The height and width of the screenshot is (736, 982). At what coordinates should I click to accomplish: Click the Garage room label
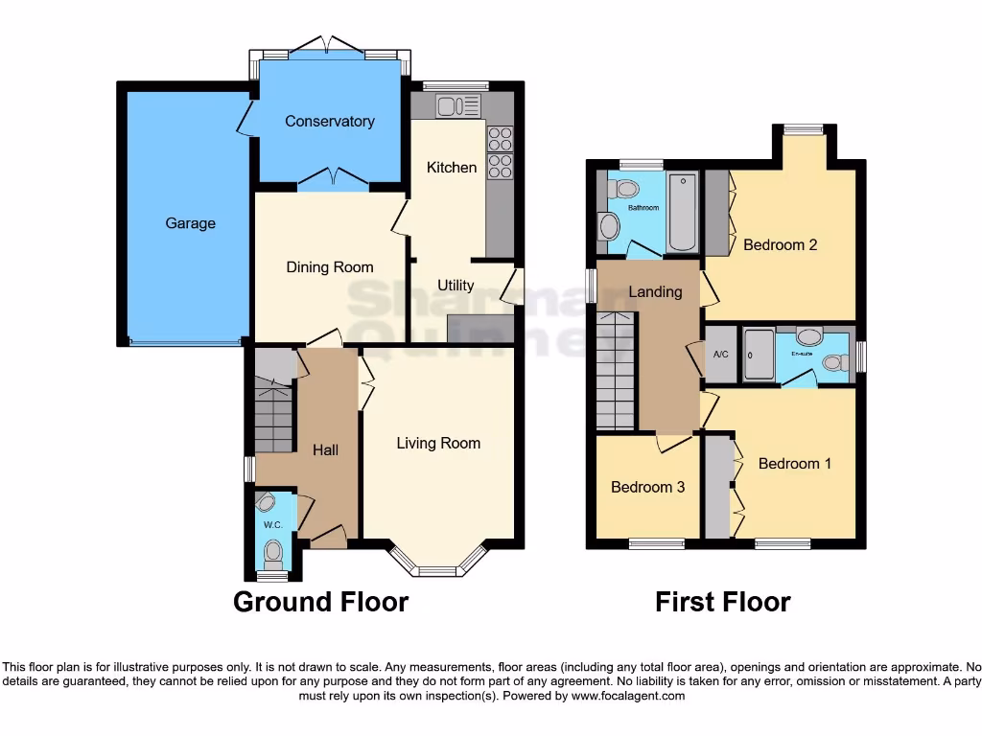tap(190, 223)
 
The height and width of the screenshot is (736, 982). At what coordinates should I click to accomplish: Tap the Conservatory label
tap(329, 122)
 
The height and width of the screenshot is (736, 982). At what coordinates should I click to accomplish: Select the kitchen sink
tap(457, 106)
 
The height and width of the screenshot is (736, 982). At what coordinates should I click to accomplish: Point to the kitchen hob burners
tap(500, 153)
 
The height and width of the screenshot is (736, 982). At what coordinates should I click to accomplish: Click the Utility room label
tap(456, 286)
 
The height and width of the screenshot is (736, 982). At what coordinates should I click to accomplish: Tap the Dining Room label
tap(329, 267)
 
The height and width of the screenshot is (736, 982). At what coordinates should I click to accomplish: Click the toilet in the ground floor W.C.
tap(273, 551)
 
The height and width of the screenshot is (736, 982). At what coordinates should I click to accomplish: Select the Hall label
tap(325, 449)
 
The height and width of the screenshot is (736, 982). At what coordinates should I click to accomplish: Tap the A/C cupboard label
tap(721, 354)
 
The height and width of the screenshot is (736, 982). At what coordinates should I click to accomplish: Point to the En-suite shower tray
tap(759, 355)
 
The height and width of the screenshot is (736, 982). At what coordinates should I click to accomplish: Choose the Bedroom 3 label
tap(647, 487)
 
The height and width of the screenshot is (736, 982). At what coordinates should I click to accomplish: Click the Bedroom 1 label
tap(794, 464)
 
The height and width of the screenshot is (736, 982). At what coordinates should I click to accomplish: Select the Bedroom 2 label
tap(780, 244)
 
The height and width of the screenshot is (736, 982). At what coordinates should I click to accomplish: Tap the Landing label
tap(655, 291)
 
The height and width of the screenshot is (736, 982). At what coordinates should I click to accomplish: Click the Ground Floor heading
tap(320, 602)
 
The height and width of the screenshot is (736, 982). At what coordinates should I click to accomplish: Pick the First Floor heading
tap(722, 602)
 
